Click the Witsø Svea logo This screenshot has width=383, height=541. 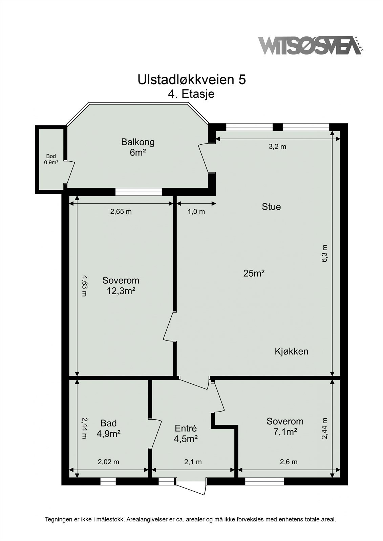click(x=310, y=45)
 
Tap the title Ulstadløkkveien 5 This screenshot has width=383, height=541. click(x=191, y=80)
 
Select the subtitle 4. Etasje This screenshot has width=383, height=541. click(x=191, y=94)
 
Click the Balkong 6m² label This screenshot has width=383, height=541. click(x=138, y=147)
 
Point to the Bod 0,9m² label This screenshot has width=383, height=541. click(x=51, y=159)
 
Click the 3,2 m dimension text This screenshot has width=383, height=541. click(x=277, y=146)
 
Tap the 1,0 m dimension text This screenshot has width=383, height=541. click(x=196, y=212)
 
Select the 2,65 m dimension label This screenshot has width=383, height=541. click(x=121, y=212)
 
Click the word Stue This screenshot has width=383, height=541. click(x=271, y=207)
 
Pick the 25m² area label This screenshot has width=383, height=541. click(x=254, y=273)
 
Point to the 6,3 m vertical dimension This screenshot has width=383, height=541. click(x=325, y=253)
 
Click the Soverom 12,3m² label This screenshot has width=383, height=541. click(x=121, y=285)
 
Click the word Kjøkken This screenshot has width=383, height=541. click(x=291, y=351)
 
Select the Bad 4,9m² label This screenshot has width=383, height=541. click(x=109, y=428)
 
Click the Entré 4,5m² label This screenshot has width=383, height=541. click(x=186, y=433)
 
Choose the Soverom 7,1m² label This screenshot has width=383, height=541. click(x=285, y=426)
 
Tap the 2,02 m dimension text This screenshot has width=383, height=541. click(x=108, y=462)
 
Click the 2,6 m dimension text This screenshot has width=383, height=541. click(x=289, y=462)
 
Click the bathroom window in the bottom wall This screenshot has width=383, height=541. click(x=108, y=481)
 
